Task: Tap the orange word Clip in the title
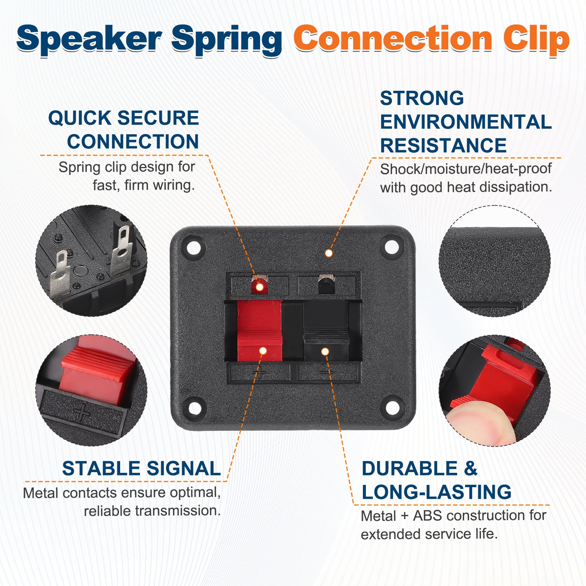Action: point(536,40)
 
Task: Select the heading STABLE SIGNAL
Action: point(141,468)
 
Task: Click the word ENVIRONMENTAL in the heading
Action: point(466,122)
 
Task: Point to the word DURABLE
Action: point(410,468)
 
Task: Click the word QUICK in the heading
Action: point(79,118)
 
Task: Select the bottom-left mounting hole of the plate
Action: point(195,407)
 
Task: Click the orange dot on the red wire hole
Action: point(259,287)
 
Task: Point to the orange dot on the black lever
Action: point(325,352)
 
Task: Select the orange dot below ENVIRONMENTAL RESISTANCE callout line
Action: point(329,253)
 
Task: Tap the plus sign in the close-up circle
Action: point(82,412)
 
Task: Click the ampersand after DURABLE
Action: point(471,468)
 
